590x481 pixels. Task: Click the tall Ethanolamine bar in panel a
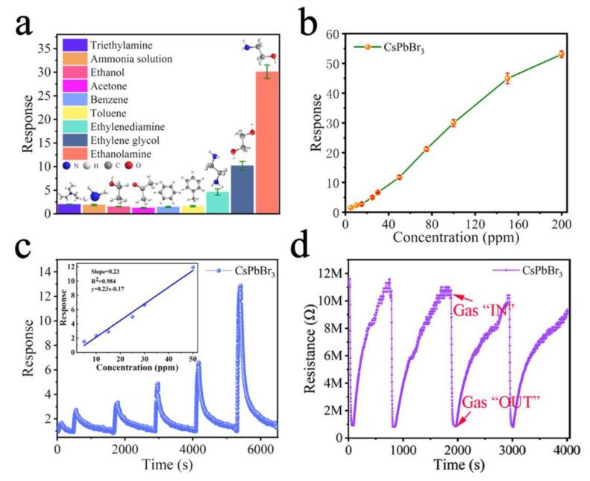[267, 142]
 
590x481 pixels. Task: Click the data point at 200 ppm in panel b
[561, 54]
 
